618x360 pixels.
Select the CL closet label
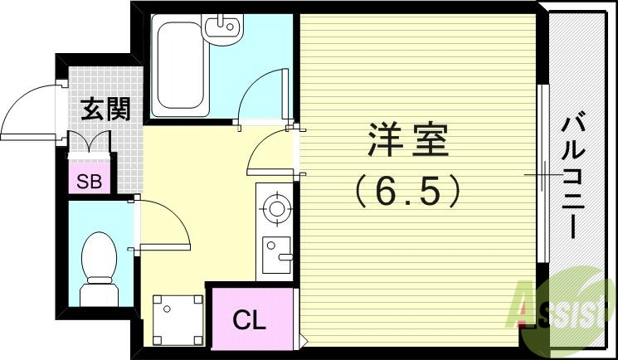pos(248,319)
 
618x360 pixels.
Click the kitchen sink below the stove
pos(275,250)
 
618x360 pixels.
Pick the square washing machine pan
pos(178,319)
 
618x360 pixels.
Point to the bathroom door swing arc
pos(263,95)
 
